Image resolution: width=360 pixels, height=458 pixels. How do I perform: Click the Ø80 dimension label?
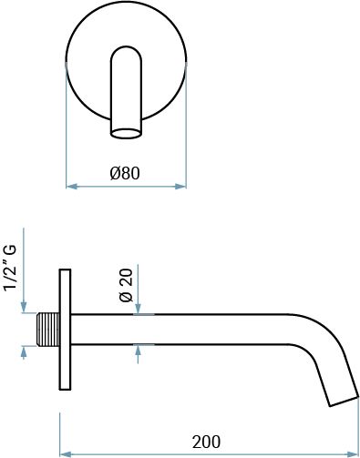coord(126,173)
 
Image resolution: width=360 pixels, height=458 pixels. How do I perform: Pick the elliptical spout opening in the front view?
coord(127,132)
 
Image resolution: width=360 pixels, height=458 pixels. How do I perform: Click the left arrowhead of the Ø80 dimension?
coord(72,188)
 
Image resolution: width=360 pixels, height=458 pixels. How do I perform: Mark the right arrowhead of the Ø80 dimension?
coord(181,188)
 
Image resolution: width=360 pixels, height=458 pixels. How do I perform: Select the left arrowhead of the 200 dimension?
coord(65,453)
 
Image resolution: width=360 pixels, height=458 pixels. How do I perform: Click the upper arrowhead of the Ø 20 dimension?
coord(137,310)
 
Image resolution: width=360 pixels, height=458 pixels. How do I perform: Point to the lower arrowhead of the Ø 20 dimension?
coord(137,349)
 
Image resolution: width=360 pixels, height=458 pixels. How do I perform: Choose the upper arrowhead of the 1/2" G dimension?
coord(22,309)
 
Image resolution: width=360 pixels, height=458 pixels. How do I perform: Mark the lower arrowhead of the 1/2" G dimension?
coord(22,350)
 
